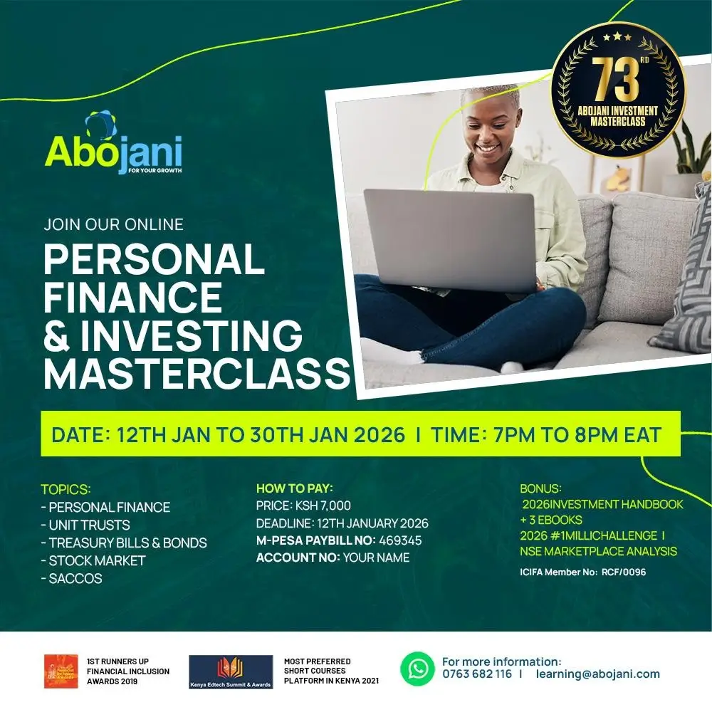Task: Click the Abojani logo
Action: (x=113, y=146)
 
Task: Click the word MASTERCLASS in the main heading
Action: (x=197, y=373)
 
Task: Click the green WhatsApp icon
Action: (x=417, y=669)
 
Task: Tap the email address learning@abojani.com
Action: (x=598, y=674)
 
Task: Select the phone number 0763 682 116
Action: (x=476, y=674)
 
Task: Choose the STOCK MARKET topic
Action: (x=93, y=560)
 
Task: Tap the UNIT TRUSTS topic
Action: (x=85, y=525)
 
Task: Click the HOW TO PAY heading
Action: (x=295, y=488)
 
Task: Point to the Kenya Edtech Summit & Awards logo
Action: (x=231, y=671)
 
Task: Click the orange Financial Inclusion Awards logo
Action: (x=61, y=671)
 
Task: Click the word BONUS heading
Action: (x=540, y=489)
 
